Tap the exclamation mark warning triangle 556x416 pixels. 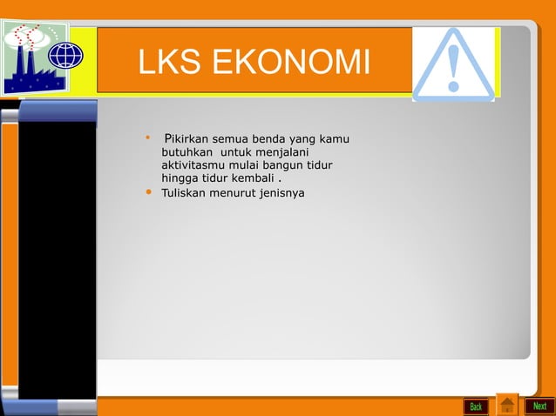click(x=453, y=63)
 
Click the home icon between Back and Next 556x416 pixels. click(x=506, y=406)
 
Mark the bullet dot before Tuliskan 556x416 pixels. click(x=148, y=191)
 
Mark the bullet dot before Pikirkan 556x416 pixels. click(x=148, y=138)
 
